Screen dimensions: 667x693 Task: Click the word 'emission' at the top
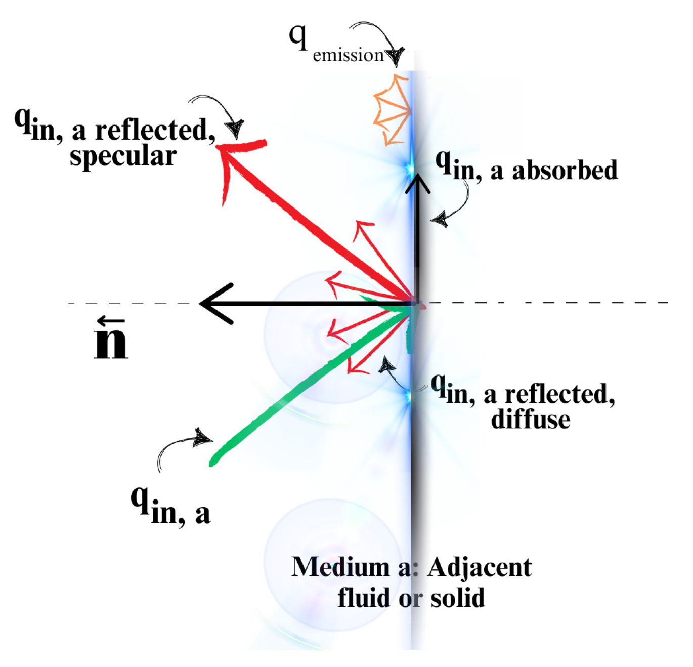point(348,55)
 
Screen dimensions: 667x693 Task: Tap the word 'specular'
point(123,155)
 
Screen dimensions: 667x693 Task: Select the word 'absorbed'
point(565,170)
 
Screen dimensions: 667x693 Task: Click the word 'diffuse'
point(531,420)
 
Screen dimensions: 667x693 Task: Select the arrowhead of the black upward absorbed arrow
point(417,183)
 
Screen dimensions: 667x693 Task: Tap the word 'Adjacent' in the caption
point(479,567)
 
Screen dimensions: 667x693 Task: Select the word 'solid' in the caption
point(457,598)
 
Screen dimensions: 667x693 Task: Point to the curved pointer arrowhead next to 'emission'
point(395,56)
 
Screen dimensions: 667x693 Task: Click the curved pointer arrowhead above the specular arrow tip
point(236,128)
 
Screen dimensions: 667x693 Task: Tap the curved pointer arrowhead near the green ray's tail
point(203,437)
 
